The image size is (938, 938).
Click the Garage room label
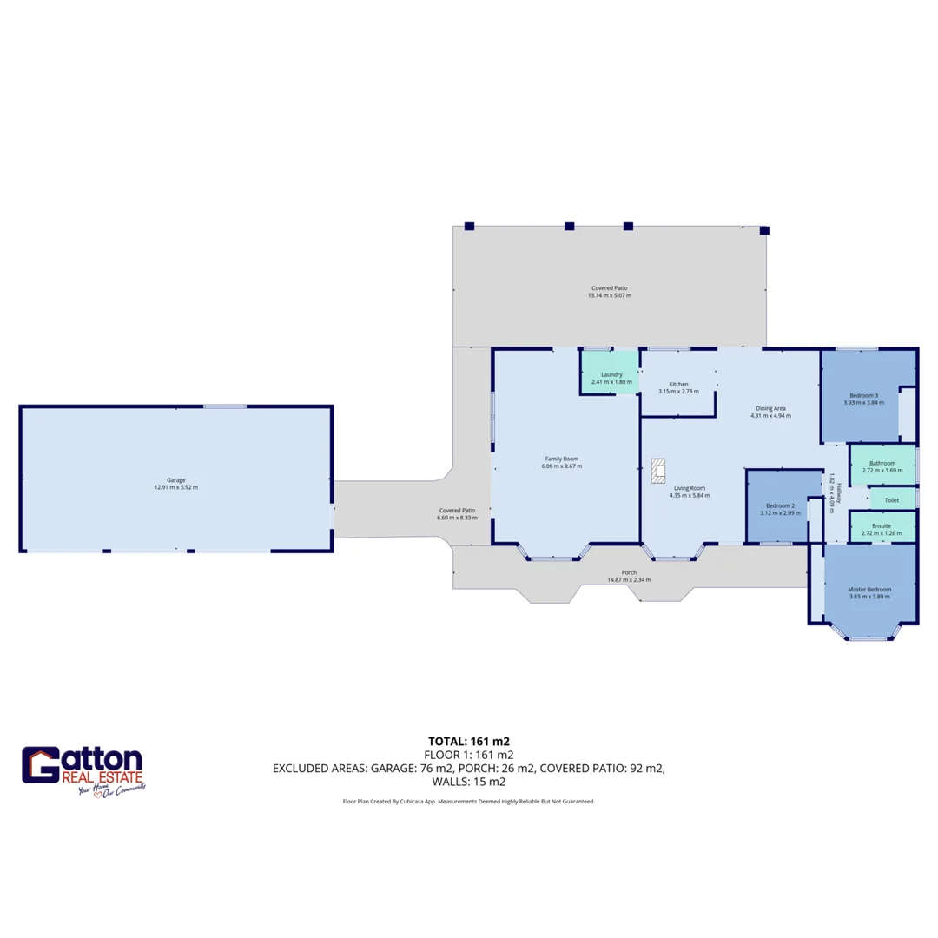point(176,480)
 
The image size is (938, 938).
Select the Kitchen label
point(678,384)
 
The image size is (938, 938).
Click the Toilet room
point(890,500)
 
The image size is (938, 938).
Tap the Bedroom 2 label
point(780,505)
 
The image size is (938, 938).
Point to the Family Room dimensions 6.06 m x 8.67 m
point(561,466)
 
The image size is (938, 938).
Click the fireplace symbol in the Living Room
point(657,470)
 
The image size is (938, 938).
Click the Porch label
point(630,572)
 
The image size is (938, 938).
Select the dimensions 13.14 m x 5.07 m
point(609,295)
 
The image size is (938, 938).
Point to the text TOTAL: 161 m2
point(469,741)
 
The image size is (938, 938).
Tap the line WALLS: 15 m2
point(469,781)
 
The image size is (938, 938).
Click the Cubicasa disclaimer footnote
point(469,801)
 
